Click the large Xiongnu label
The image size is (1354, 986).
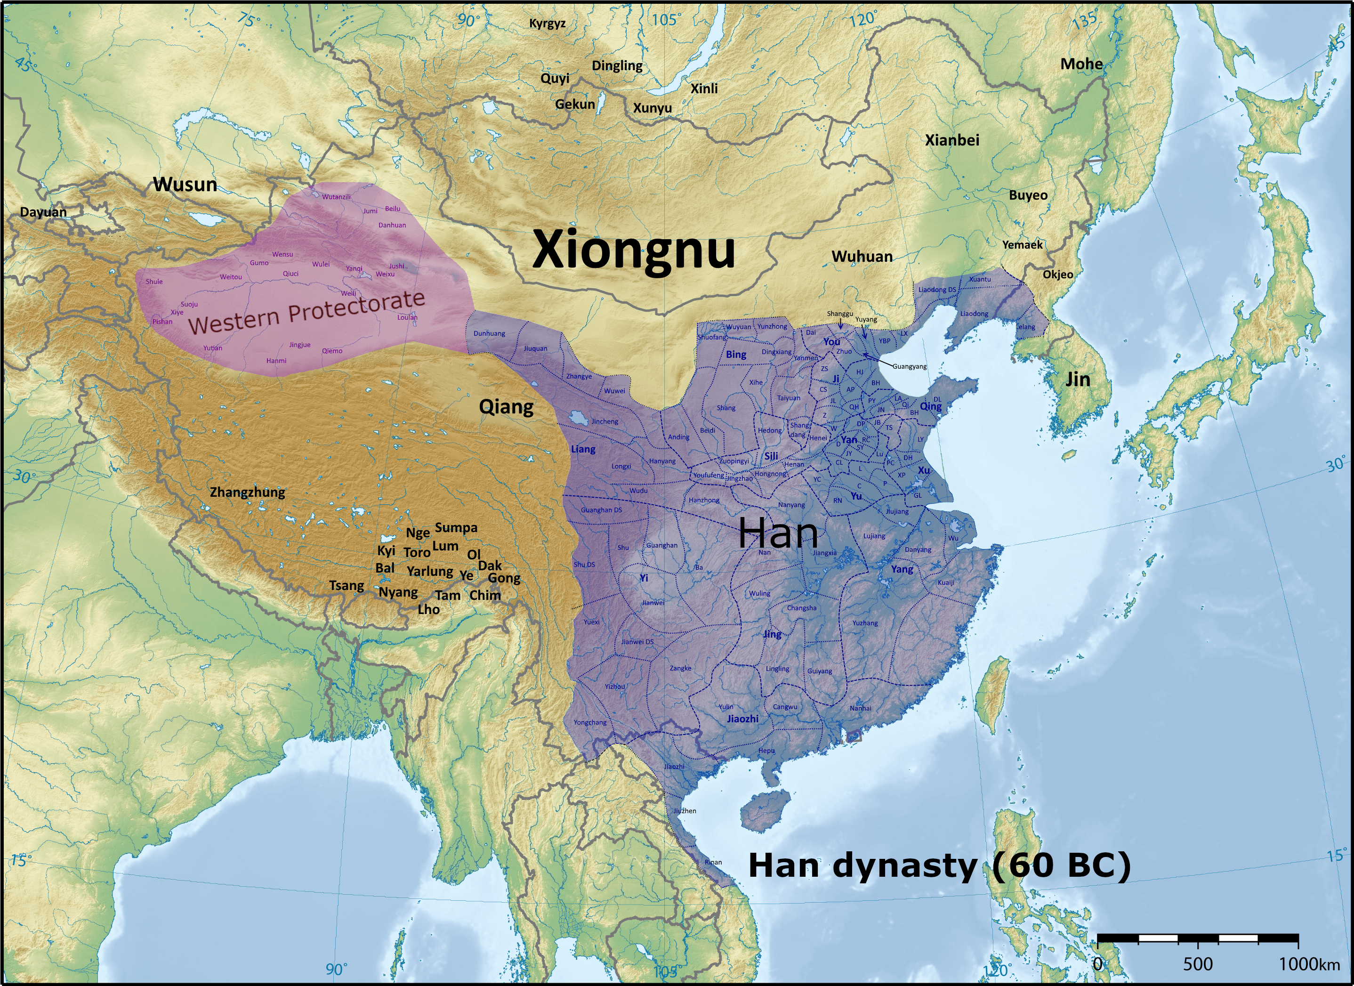pos(633,250)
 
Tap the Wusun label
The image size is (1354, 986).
pos(185,185)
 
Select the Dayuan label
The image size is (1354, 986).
pos(43,212)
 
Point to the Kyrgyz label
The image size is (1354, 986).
pos(548,23)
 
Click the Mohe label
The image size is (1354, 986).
pos(1081,64)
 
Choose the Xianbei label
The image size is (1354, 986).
pos(952,140)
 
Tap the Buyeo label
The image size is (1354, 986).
pos(1028,195)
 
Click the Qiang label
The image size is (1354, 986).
pos(506,407)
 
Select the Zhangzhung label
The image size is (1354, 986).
pos(247,493)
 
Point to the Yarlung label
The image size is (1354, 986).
pos(430,572)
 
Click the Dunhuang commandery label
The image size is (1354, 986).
pos(489,334)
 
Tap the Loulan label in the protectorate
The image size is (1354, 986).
pos(407,317)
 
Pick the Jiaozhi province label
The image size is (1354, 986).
pos(742,719)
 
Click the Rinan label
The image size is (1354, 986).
pos(713,862)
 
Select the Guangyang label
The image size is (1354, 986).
pos(909,366)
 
